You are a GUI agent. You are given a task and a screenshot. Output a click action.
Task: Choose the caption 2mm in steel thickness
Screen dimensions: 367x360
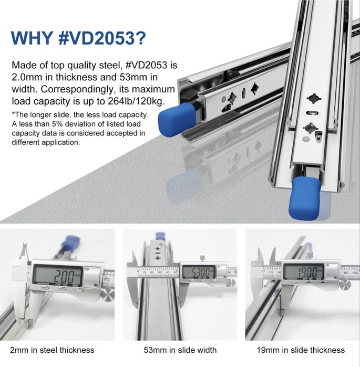pos(52,350)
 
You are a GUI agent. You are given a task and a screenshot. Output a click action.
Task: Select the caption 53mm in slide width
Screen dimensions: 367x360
pos(180,350)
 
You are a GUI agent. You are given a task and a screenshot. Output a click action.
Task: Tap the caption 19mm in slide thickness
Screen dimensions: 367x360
pos(302,350)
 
